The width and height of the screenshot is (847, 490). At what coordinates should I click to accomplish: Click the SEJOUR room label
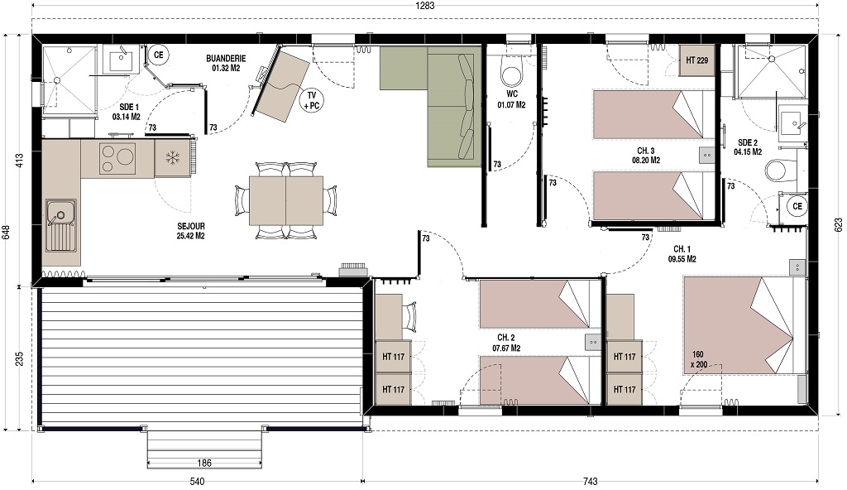[190, 230]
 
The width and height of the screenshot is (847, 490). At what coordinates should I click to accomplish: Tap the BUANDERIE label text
[226, 62]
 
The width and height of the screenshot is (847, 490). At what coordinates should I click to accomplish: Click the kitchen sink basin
[60, 214]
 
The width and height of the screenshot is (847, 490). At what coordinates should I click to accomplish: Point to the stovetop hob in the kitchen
[117, 158]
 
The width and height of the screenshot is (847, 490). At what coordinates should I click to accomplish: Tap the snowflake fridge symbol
[173, 157]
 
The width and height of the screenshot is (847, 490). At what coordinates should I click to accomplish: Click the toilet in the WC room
[512, 74]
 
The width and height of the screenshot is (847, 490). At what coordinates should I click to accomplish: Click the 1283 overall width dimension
[423, 6]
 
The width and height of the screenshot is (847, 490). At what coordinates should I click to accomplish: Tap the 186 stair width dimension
[205, 462]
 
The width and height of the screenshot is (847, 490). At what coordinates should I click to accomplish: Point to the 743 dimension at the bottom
[590, 481]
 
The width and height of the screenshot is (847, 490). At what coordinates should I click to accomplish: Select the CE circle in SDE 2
[797, 206]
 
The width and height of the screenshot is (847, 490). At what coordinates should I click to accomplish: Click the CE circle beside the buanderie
[158, 55]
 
